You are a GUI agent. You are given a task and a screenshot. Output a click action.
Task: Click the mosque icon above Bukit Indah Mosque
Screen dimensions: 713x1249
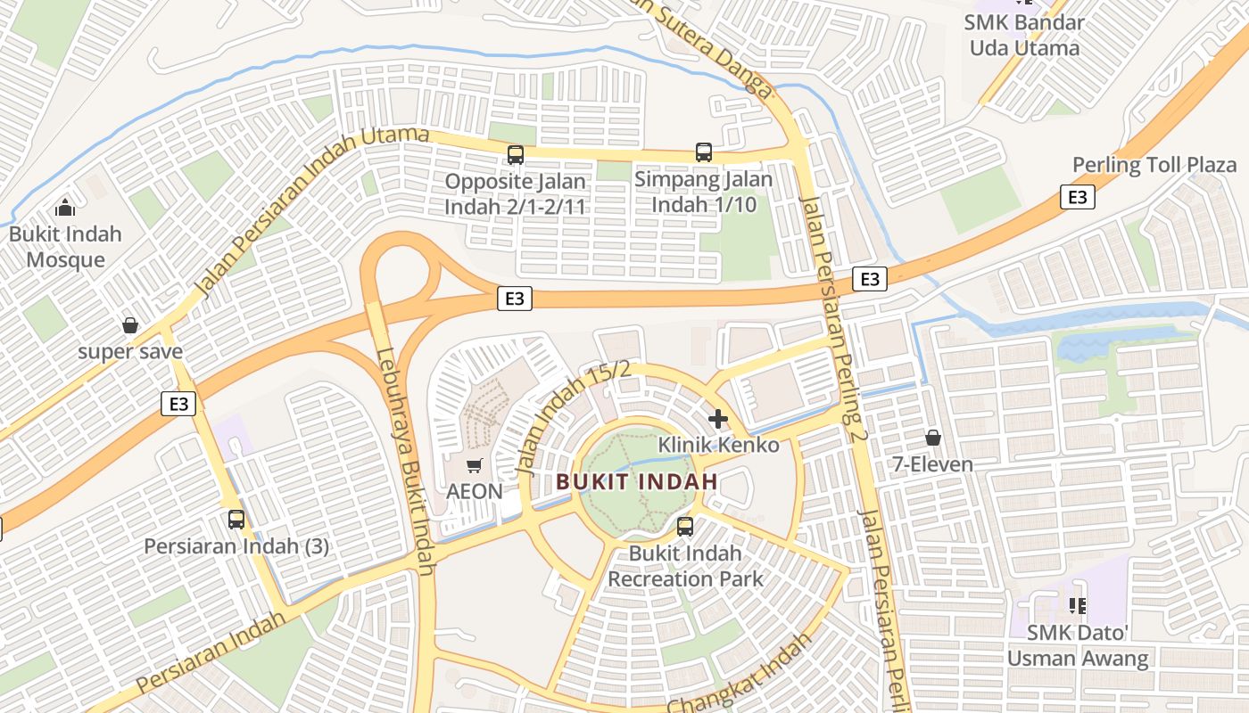[x=64, y=208]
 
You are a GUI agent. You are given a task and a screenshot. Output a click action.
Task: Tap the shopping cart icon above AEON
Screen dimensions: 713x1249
[x=475, y=465]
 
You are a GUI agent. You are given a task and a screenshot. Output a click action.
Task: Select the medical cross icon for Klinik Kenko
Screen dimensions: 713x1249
[x=718, y=418]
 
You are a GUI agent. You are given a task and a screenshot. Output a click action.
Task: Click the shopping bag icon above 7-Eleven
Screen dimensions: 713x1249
[x=933, y=438]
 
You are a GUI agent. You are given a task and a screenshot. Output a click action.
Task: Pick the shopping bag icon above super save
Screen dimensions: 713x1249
[x=130, y=325]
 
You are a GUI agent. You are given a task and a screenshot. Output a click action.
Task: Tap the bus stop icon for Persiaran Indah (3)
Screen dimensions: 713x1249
[x=236, y=520]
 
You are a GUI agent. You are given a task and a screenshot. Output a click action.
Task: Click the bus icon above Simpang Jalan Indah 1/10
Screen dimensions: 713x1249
[x=704, y=152]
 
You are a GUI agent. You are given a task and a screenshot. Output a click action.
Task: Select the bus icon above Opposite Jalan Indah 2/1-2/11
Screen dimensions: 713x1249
[x=516, y=155]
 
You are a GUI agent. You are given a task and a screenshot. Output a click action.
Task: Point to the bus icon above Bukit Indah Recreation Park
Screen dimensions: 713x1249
[x=685, y=527]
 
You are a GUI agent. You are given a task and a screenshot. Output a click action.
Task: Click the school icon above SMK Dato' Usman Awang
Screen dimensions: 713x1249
[x=1077, y=607]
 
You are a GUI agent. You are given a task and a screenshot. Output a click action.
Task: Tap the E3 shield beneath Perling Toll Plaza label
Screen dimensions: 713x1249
[x=1078, y=197]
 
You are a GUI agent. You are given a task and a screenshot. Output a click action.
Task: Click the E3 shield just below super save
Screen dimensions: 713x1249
[x=179, y=404]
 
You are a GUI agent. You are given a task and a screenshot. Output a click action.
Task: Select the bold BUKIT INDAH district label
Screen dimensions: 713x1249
[x=637, y=481]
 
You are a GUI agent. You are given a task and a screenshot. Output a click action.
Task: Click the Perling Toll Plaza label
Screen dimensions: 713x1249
[x=1154, y=165]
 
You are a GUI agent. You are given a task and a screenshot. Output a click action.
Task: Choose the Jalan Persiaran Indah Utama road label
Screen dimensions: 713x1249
[x=311, y=211]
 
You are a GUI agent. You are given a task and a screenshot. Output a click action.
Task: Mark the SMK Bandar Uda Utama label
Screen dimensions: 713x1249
[x=1025, y=35]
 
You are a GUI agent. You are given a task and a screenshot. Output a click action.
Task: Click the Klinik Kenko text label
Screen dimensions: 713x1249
[x=718, y=445]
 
